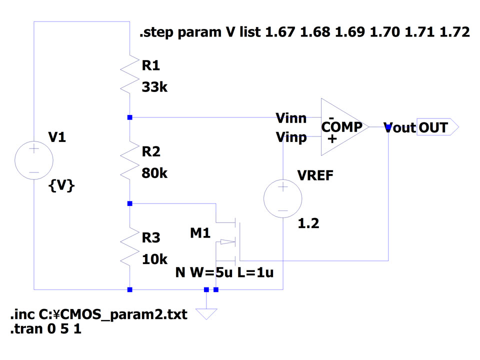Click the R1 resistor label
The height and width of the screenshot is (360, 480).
click(152, 65)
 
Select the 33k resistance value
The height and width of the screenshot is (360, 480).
click(154, 87)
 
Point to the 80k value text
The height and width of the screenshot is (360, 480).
click(155, 173)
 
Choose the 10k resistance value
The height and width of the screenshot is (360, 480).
click(154, 259)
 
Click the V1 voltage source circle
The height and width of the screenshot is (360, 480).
click(34, 160)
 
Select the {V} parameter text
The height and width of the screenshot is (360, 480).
click(61, 186)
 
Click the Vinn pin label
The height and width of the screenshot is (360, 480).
click(291, 118)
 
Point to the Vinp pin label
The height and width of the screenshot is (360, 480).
click(291, 137)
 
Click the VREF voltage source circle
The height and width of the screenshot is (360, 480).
click(283, 198)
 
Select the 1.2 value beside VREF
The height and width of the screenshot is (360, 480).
click(308, 224)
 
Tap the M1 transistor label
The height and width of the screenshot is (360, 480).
click(200, 232)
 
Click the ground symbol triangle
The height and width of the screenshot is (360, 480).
click(206, 313)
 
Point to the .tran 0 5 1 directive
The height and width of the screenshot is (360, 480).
click(45, 329)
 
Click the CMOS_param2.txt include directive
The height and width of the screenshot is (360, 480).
click(98, 315)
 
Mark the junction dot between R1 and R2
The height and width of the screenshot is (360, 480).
click(129, 117)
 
